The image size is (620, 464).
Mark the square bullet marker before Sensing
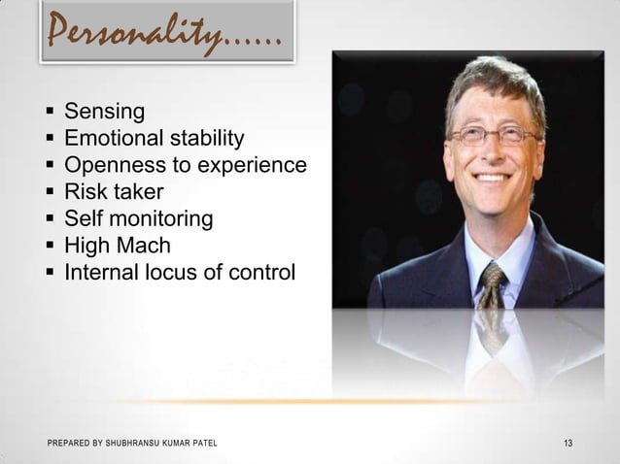tap(50, 113)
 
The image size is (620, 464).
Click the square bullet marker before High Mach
tap(50, 248)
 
